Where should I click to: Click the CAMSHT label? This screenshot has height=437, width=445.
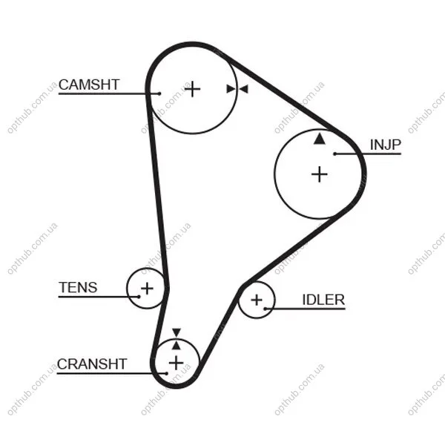click(x=89, y=85)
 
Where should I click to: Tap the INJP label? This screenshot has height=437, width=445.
click(x=386, y=145)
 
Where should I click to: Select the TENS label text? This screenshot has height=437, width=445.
click(x=78, y=287)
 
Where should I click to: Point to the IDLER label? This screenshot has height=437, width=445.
click(x=323, y=300)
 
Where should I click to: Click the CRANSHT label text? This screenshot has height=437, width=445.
click(x=92, y=364)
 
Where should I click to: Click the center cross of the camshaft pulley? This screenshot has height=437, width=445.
click(x=192, y=89)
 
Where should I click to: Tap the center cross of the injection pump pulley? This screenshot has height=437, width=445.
click(x=320, y=174)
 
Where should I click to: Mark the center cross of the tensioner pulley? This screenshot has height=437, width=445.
click(x=147, y=289)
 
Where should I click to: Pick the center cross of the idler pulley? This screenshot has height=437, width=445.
click(x=257, y=300)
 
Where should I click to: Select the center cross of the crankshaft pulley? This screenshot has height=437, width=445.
click(x=176, y=363)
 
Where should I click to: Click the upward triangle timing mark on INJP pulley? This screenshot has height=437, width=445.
click(x=320, y=139)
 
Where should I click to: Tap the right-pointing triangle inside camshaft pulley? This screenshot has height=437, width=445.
click(x=231, y=89)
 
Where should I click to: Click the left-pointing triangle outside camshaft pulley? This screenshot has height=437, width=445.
click(x=244, y=89)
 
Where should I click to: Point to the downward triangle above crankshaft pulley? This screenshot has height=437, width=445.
click(x=177, y=332)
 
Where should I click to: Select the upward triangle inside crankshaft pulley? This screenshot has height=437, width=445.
click(x=177, y=345)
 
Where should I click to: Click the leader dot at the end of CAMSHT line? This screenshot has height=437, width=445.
click(x=159, y=93)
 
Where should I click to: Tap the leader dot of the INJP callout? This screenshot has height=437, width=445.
click(x=335, y=154)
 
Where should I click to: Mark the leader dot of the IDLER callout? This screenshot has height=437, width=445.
click(x=265, y=309)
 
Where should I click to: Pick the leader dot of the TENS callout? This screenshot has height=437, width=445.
click(x=139, y=297)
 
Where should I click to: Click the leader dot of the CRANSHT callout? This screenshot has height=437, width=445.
click(x=166, y=373)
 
